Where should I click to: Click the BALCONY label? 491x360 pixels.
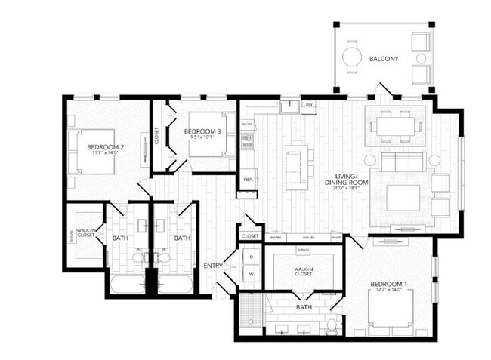tap(384, 58)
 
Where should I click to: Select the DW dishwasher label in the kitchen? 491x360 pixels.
tap(308, 106)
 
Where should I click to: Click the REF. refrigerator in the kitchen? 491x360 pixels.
tap(248, 180)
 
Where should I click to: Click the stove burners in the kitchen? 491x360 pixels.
tap(246, 139)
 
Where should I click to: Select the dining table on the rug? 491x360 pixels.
tap(394, 125)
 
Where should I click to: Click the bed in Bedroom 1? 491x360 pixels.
tap(393, 309)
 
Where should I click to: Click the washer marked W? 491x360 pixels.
tap(252, 275)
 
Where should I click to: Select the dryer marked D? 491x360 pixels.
tap(252, 257)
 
